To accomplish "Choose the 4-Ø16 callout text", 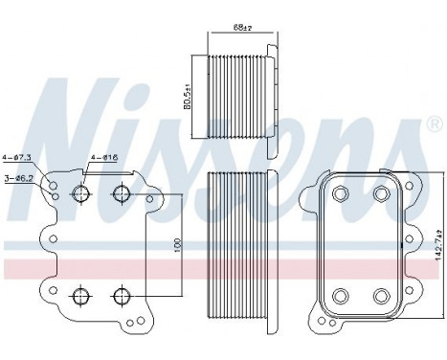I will point(102,156).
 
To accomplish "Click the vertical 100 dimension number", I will point(176,245).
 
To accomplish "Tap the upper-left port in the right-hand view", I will point(342,194).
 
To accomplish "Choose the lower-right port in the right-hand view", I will point(380,295).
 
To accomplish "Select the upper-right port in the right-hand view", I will point(380,194).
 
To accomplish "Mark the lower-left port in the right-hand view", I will point(342,295).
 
